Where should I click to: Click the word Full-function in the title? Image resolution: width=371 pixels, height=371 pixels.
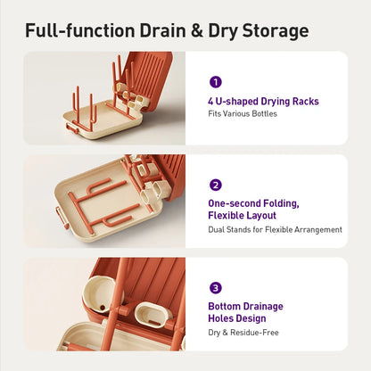click(x=79, y=31)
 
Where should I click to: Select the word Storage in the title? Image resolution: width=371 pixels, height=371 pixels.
click(x=276, y=31)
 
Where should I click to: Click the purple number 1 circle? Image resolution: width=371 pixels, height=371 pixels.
click(x=216, y=82)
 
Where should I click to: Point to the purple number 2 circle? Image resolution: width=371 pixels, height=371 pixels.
click(x=216, y=185)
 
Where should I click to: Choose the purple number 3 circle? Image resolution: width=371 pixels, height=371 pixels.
click(x=216, y=287)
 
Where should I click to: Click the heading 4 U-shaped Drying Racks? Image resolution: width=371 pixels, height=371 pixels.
click(x=263, y=102)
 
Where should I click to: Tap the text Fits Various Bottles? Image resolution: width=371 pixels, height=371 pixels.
click(x=243, y=113)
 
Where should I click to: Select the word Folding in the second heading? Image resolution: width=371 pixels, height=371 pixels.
click(x=281, y=203)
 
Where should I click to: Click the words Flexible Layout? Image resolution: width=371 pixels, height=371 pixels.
click(x=242, y=215)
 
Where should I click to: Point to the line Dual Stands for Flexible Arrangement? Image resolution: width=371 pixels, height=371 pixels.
click(x=275, y=229)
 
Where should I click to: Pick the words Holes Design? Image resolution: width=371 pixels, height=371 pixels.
click(x=237, y=318)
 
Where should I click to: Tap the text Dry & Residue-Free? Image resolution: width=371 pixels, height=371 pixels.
click(x=243, y=333)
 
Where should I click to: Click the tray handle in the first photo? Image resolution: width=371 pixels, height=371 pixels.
click(x=72, y=128)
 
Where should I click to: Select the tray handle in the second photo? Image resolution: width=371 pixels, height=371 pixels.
click(x=62, y=217)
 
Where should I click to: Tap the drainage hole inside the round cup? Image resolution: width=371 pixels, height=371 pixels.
click(x=103, y=308)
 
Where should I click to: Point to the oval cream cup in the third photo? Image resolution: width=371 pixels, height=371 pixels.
click(x=152, y=315)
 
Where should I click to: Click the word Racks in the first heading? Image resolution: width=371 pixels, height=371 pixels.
click(x=306, y=101)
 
